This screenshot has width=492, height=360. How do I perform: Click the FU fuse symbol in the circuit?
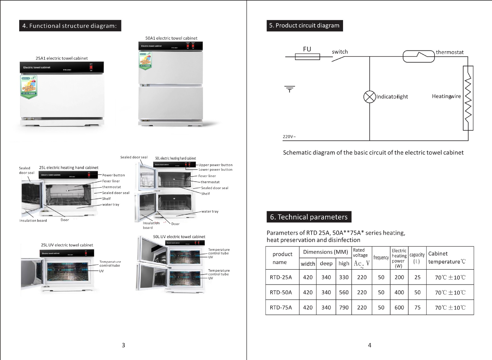pyautogui.click(x=307, y=57)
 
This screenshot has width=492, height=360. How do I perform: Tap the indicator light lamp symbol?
pyautogui.click(x=369, y=97)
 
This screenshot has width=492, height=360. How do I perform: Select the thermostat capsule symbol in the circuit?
pyautogui.click(x=419, y=56)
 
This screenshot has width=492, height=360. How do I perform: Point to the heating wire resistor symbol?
pyautogui.click(x=468, y=98)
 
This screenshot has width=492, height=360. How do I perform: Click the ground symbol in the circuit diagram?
pyautogui.click(x=290, y=89)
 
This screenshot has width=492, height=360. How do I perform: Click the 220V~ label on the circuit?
pyautogui.click(x=289, y=137)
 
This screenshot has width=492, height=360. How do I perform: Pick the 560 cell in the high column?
pyautogui.click(x=344, y=292)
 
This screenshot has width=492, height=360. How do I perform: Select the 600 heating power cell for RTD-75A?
pyautogui.click(x=399, y=307)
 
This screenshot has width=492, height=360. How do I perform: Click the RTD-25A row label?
pyautogui.click(x=281, y=277)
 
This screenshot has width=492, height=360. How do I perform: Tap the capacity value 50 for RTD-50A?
pyautogui.click(x=417, y=292)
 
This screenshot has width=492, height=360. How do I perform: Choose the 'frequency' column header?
pyautogui.click(x=381, y=257)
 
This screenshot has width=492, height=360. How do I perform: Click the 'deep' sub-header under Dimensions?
pyautogui.click(x=326, y=264)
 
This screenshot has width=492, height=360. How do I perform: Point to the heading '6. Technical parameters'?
pyautogui.click(x=309, y=217)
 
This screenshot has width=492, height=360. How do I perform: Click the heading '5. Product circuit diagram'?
pyautogui.click(x=304, y=25)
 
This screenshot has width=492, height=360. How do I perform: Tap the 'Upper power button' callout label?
pyautogui.click(x=215, y=165)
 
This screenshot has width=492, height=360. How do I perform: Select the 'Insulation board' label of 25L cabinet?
pyautogui.click(x=33, y=220)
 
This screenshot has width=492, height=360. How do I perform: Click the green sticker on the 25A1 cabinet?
pyautogui.click(x=29, y=86)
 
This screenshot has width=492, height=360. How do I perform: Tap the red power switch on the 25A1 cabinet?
pyautogui.click(x=91, y=67)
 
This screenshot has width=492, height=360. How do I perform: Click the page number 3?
pyautogui.click(x=123, y=345)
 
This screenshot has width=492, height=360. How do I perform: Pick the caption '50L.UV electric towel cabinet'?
pyautogui.click(x=179, y=237)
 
